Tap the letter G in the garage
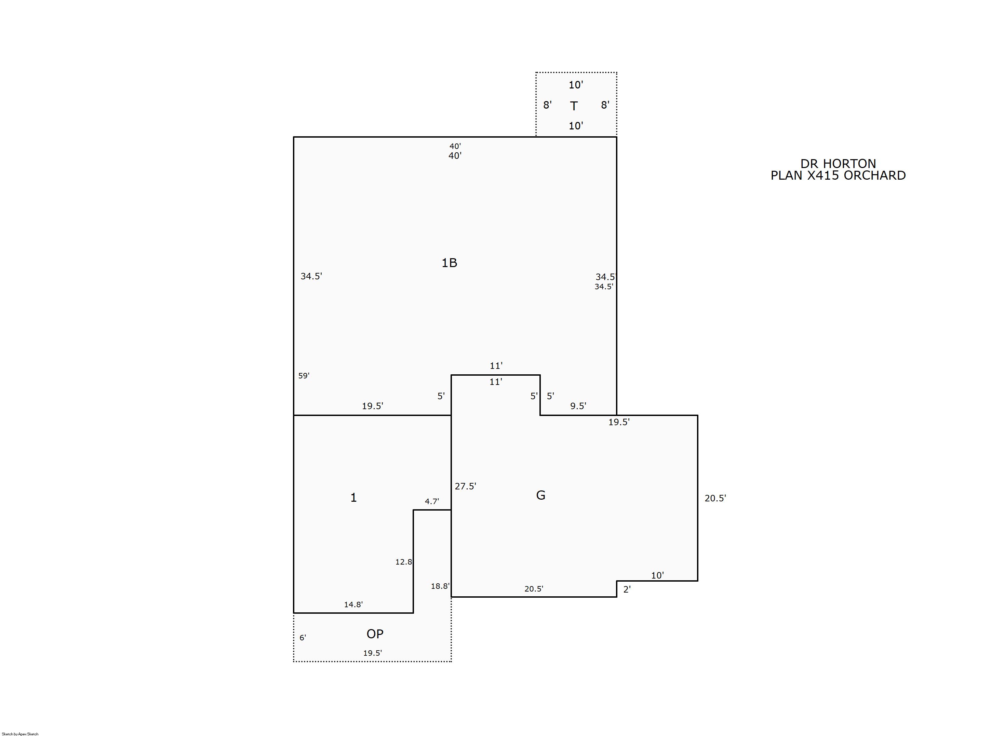pyautogui.click(x=540, y=495)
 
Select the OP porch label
pyautogui.click(x=375, y=634)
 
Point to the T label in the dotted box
pyautogui.click(x=574, y=106)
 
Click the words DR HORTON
pyautogui.click(x=838, y=164)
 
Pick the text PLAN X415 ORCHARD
pyautogui.click(x=838, y=175)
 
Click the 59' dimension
pyautogui.click(x=304, y=376)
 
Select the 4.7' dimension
pyautogui.click(x=431, y=501)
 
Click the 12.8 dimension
pyautogui.click(x=403, y=562)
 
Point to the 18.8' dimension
pyautogui.click(x=440, y=586)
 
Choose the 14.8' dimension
pyautogui.click(x=353, y=604)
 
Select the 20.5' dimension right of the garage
pyautogui.click(x=715, y=498)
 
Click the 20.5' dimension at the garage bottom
pyautogui.click(x=534, y=588)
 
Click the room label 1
pyautogui.click(x=353, y=498)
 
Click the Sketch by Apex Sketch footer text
pyautogui.click(x=20, y=734)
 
